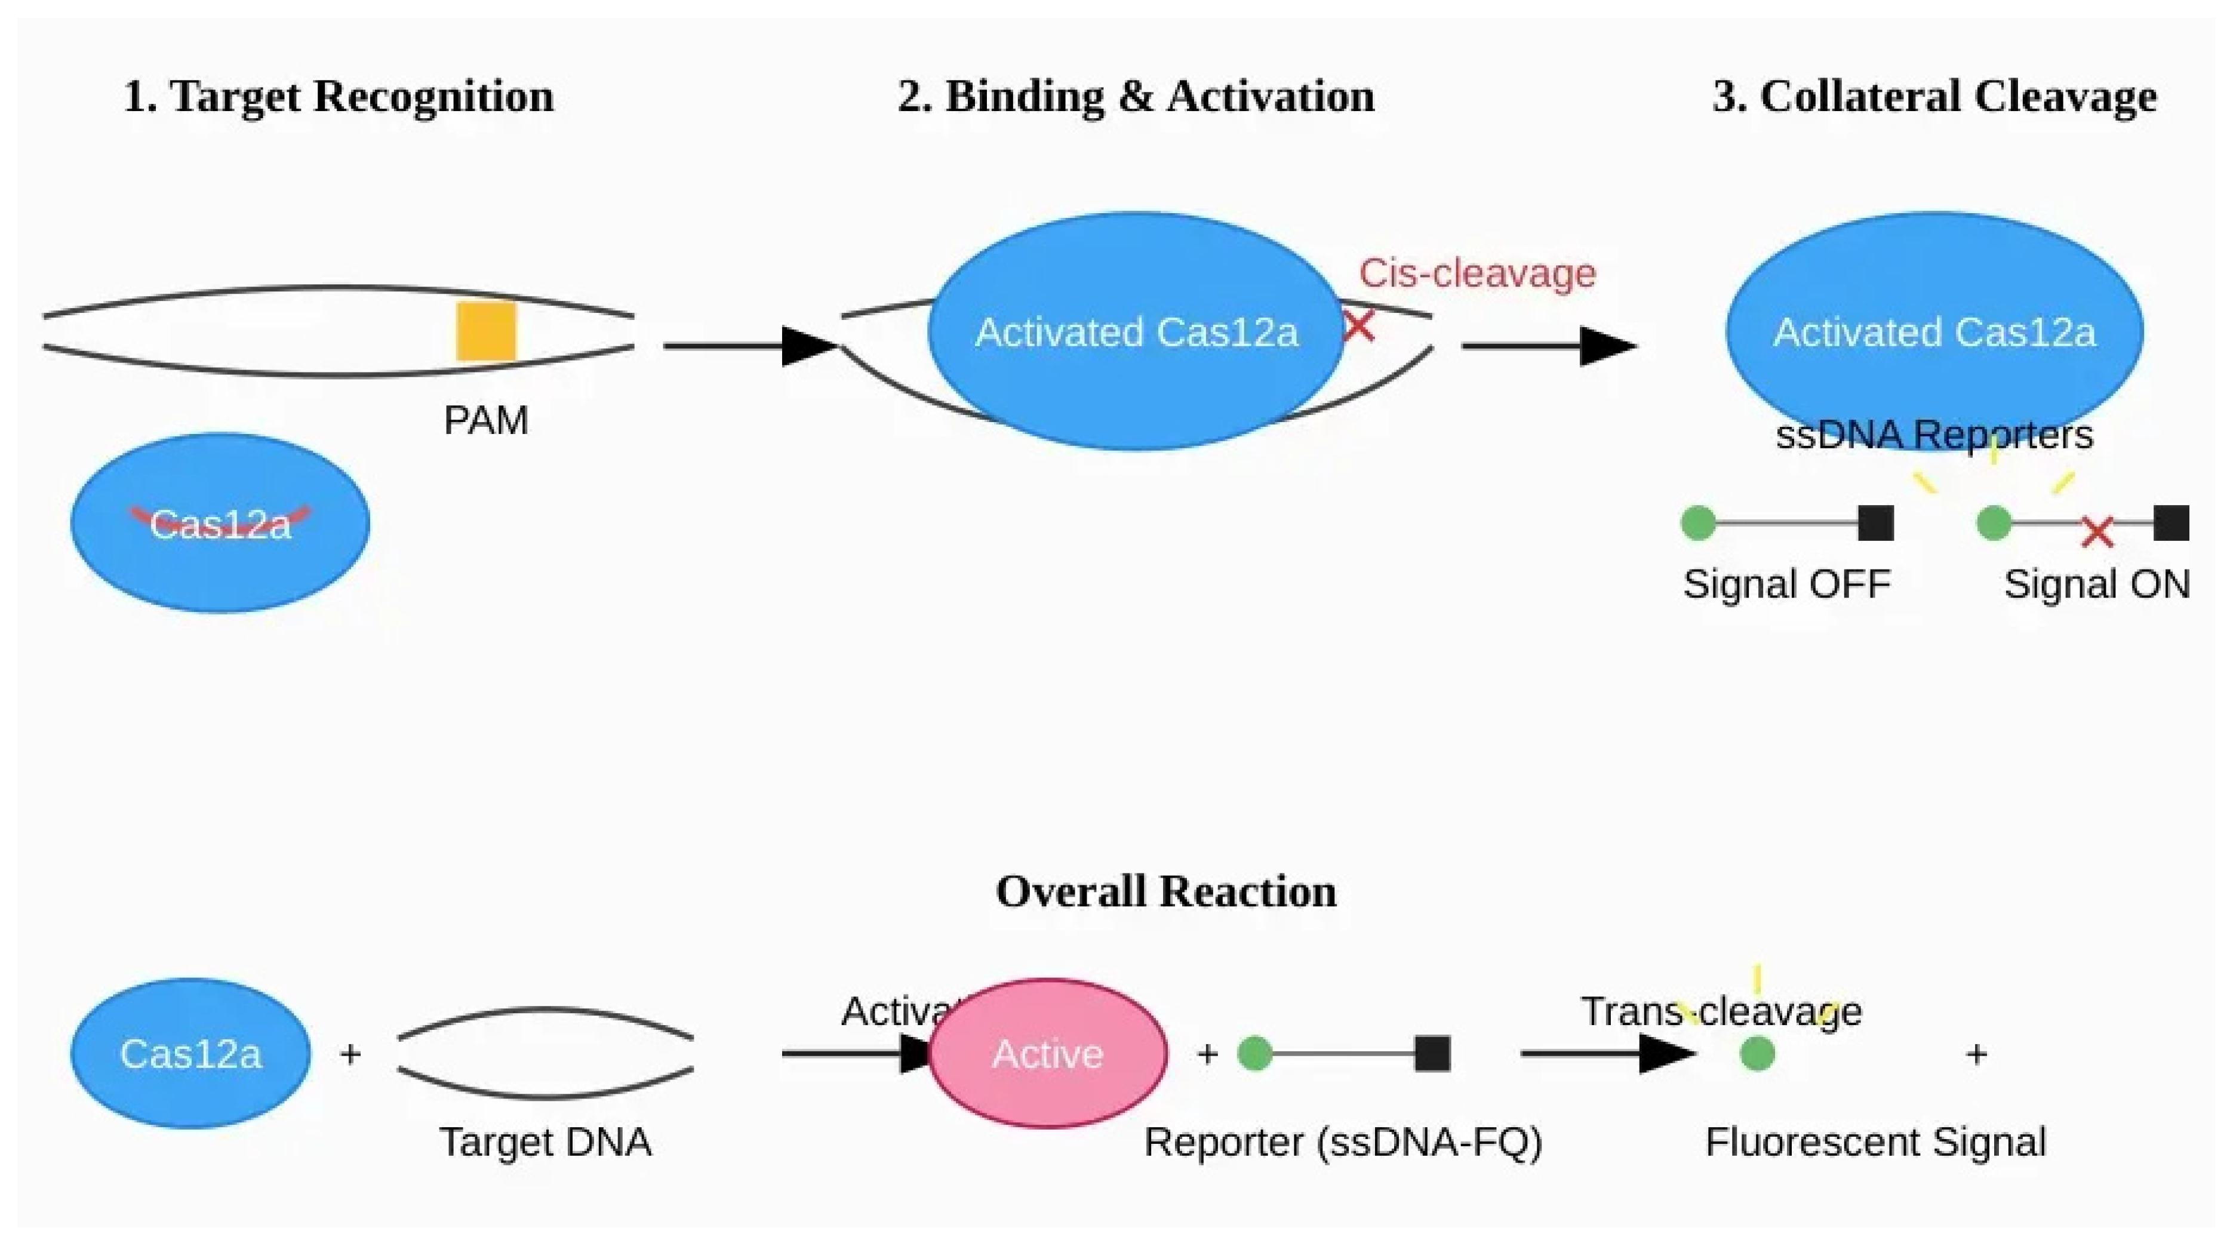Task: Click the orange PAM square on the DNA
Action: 486,331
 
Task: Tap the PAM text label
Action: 486,421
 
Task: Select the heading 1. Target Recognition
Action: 339,96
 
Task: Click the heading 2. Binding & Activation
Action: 1135,96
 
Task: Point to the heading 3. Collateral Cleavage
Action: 1934,96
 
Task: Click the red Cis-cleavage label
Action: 1477,274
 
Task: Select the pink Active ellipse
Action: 1048,1053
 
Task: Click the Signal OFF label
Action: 1786,584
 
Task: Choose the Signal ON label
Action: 2096,584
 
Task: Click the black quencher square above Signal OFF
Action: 1875,523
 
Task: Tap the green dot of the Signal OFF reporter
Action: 1698,523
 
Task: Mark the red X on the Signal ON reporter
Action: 2096,531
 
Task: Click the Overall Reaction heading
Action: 1165,891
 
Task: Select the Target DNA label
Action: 546,1142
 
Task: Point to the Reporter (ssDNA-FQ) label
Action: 1343,1142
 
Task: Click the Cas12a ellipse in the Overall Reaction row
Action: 190,1053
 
